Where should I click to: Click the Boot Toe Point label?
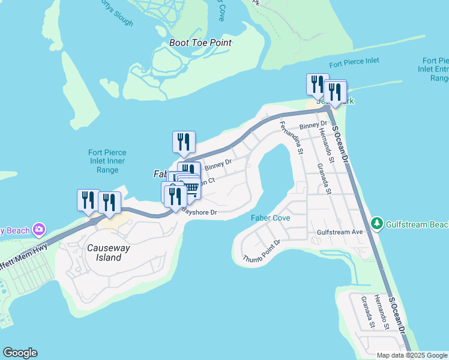pos(200,43)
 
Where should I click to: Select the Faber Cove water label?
pos(270,218)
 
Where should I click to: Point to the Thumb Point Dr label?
pos(262,251)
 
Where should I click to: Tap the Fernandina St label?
pos(292,137)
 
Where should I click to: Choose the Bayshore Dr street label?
pos(199,212)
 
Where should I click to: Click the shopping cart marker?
pos(191,188)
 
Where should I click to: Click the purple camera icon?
pos(39,229)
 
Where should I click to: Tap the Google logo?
pos(20,353)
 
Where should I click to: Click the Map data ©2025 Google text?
pos(412,355)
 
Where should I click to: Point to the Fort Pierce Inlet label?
pos(354,64)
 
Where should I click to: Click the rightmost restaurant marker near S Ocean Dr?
pos(335,92)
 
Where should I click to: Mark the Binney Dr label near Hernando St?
pos(311,125)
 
